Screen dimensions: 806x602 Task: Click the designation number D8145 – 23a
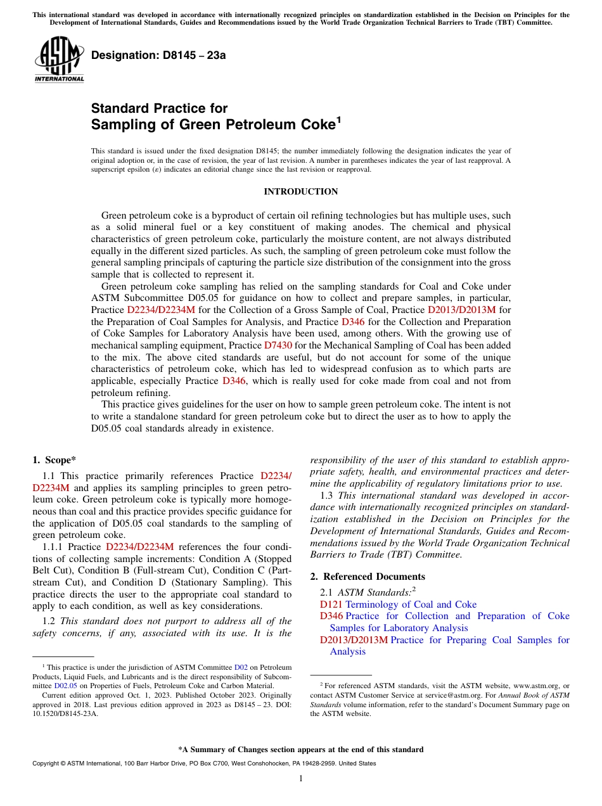158,55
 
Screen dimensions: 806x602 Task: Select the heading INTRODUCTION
301,191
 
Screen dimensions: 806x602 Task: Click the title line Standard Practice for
159,108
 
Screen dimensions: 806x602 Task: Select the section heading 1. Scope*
54,460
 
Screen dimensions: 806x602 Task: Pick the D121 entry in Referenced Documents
331,604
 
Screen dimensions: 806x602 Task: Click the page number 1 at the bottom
301,778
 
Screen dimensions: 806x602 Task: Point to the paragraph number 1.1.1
53,547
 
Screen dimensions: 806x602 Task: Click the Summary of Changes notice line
301,750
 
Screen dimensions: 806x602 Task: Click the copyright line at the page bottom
204,764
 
